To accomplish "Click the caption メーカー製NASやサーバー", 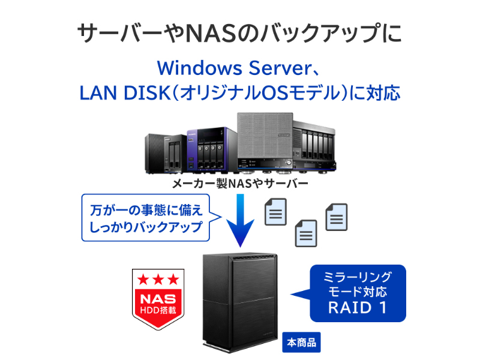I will coord(240,183).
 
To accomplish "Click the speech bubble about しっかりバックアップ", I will coord(146,218).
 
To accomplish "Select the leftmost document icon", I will coord(276,212).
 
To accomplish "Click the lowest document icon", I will coord(306,233).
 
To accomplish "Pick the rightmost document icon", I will coord(336,217).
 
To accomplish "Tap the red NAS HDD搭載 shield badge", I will coord(158,299).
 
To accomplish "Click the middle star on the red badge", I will coord(158,279).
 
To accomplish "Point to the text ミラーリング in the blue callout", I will coord(358,277).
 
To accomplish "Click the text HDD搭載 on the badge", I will coord(158,310).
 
